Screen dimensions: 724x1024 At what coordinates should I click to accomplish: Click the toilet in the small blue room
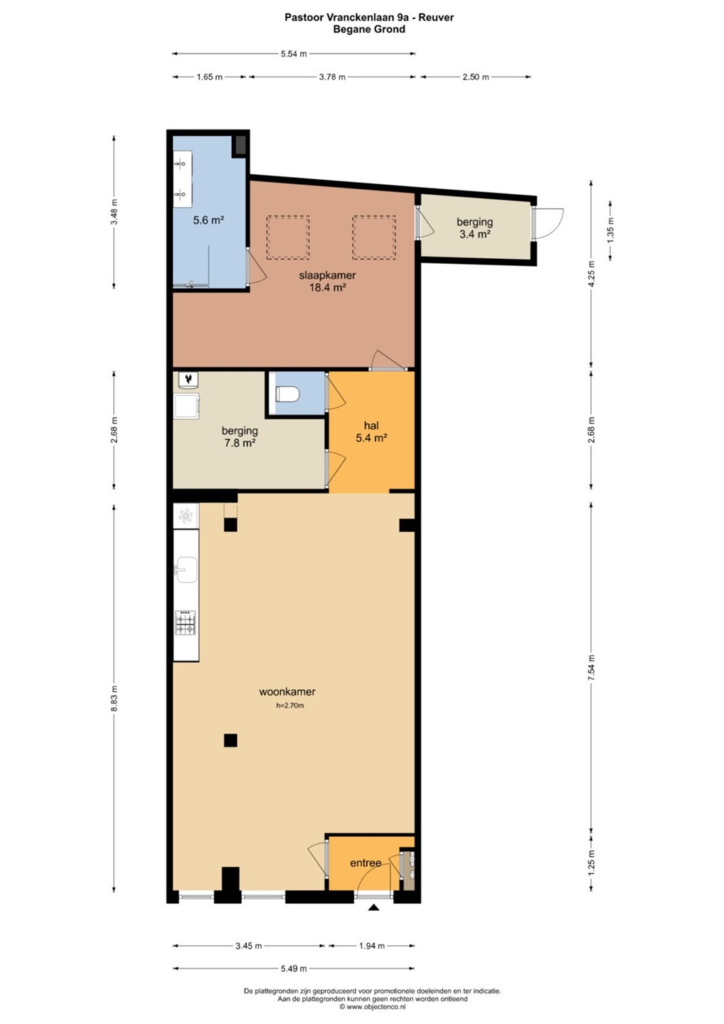tap(287, 394)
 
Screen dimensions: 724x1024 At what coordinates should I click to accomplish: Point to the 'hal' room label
tap(371, 425)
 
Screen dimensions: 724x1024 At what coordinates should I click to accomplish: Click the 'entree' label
tap(366, 863)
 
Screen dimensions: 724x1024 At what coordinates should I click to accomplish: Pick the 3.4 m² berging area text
tap(475, 235)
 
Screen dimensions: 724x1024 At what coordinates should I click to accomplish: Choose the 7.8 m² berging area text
tap(240, 443)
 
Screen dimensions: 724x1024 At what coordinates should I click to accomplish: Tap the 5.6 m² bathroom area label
tap(208, 220)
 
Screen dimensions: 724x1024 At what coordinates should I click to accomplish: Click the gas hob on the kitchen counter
tap(186, 623)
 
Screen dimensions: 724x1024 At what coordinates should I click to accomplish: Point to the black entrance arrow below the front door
tap(374, 907)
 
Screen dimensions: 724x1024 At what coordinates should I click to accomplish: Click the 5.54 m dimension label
tap(294, 53)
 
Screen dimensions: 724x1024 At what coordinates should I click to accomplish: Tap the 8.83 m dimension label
tap(115, 698)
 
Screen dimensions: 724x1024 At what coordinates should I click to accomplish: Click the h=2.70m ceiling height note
tap(289, 705)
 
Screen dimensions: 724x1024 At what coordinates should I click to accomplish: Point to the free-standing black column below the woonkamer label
tap(230, 740)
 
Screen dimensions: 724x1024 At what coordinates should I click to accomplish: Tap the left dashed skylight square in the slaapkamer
tap(288, 238)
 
